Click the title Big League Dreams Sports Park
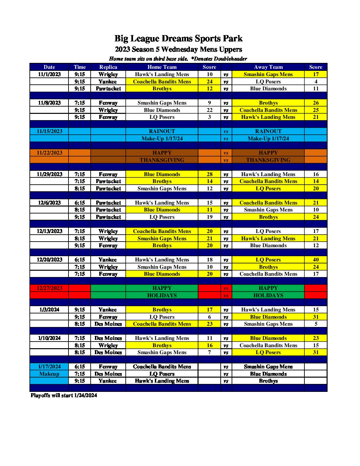(178, 39)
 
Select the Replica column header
(108, 67)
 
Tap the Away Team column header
(268, 67)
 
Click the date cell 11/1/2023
(49, 74)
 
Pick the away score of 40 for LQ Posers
(316, 260)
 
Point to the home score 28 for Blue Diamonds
(209, 174)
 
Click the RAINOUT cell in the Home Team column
(162, 131)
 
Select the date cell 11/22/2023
(49, 153)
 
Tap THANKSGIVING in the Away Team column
(268, 160)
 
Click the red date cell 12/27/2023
(49, 288)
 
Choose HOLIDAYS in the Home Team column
(162, 296)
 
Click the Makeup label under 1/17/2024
(49, 374)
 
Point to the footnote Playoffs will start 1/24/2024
(64, 396)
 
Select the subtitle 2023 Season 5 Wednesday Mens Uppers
(178, 50)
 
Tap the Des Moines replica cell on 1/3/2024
(108, 324)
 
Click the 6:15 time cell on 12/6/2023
(80, 203)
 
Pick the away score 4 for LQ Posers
(316, 82)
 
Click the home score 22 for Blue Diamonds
(209, 110)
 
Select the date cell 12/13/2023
(49, 231)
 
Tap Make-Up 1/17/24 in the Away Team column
(268, 139)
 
